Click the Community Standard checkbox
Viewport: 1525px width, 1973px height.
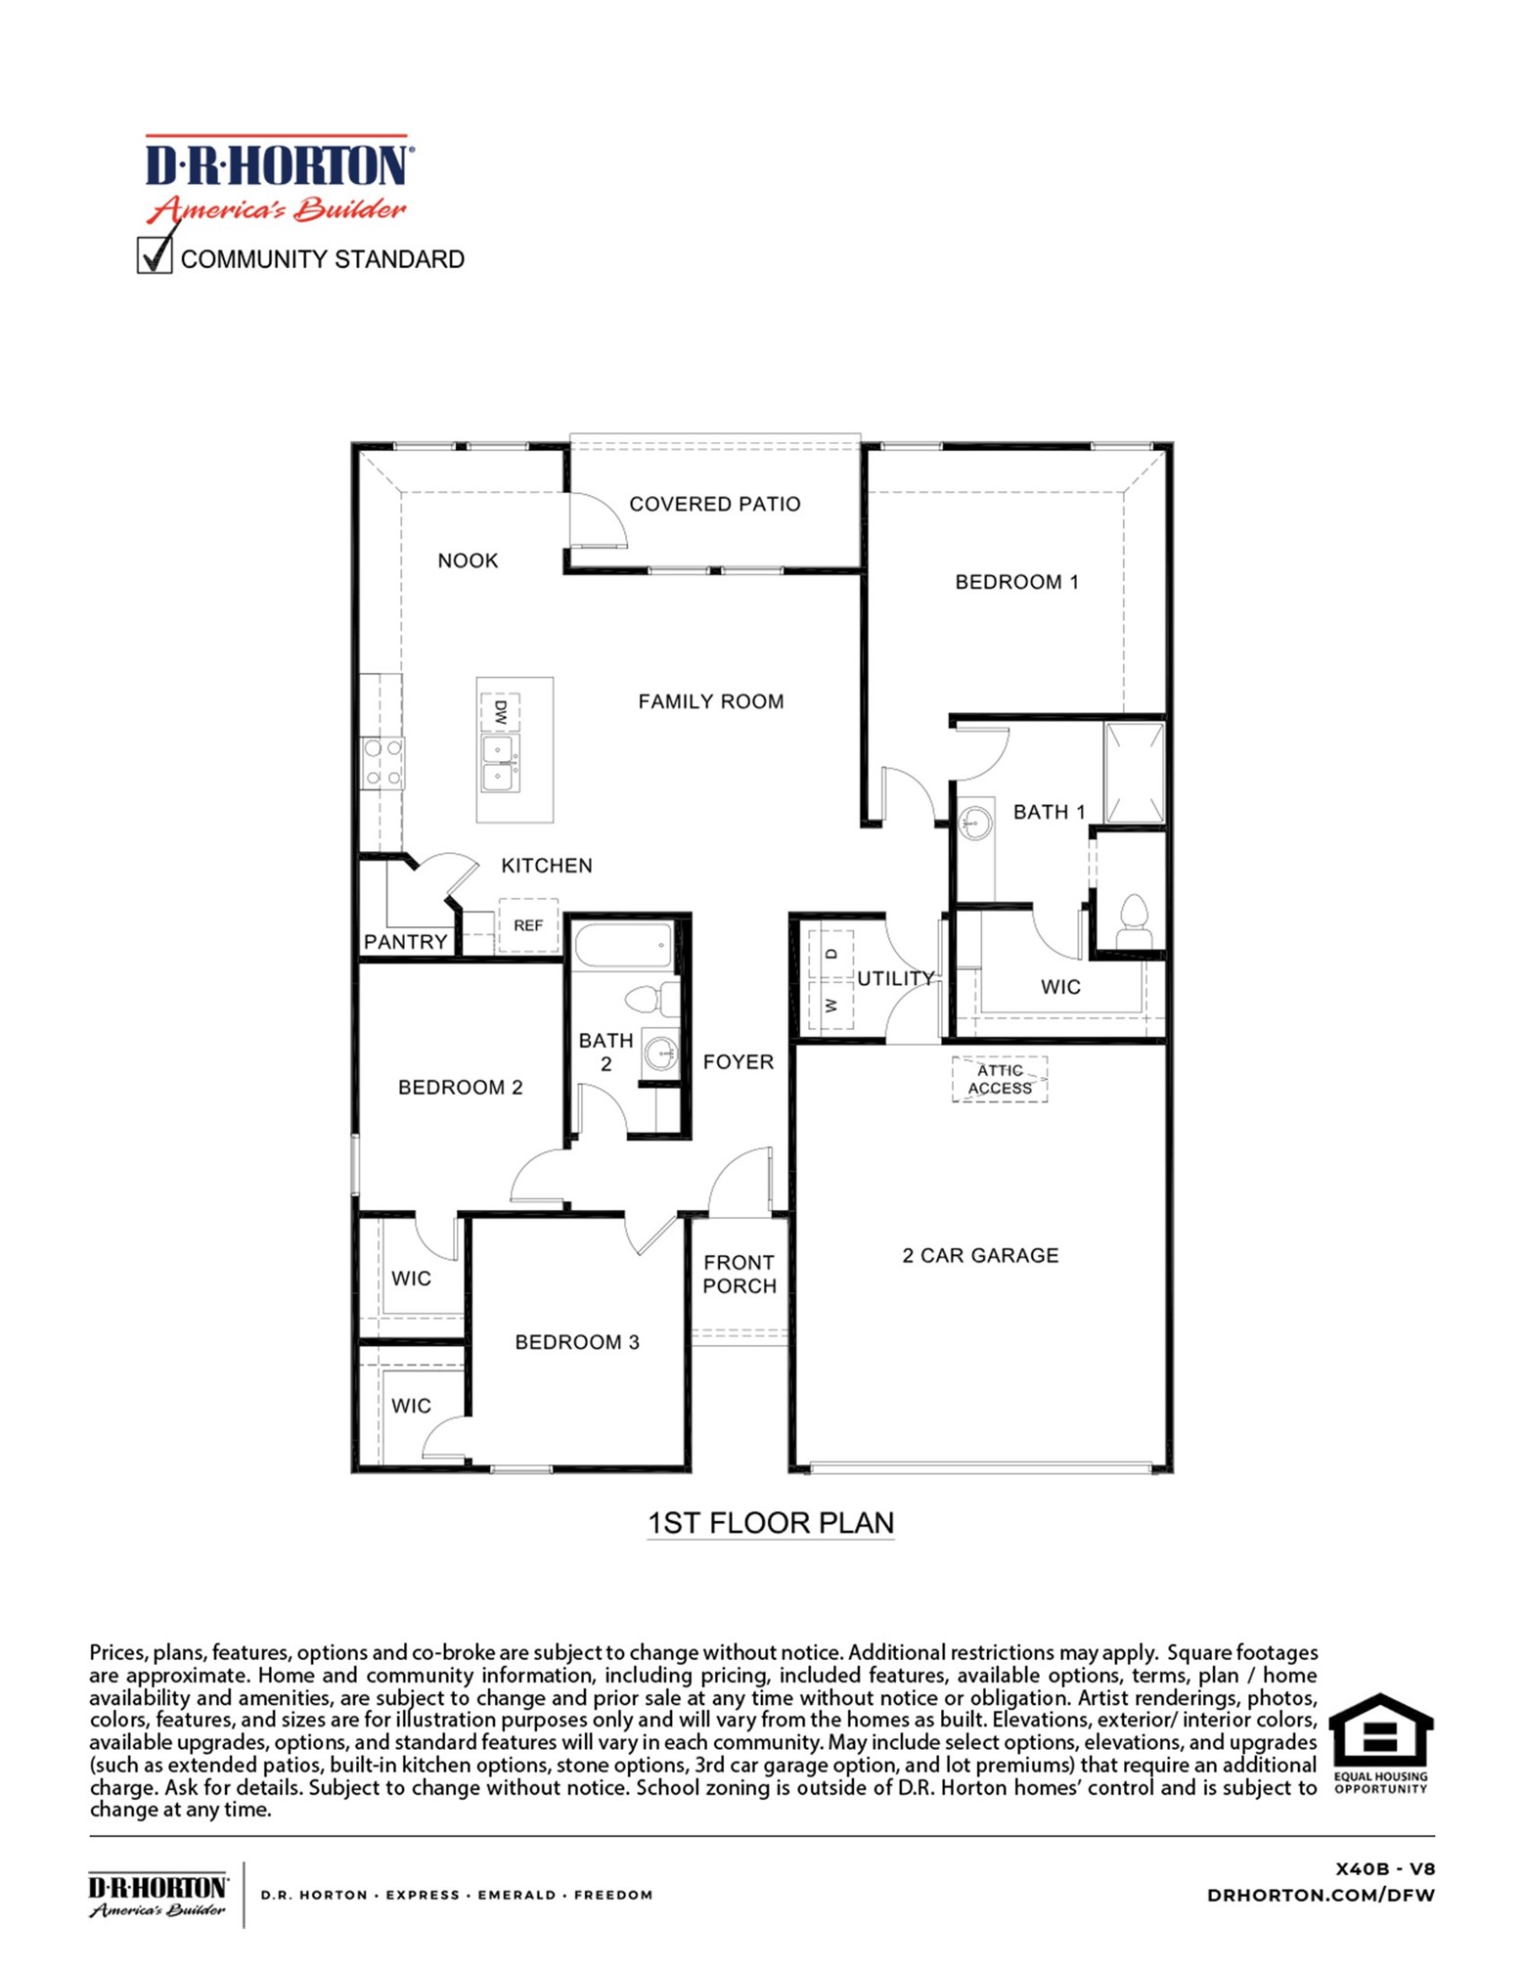pos(155,256)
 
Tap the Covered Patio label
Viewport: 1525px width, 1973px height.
pos(713,504)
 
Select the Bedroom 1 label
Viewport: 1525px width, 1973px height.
pos(1015,582)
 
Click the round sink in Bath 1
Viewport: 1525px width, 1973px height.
pos(973,822)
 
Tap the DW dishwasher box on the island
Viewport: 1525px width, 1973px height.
pos(500,711)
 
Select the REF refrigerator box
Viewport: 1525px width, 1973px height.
pos(527,924)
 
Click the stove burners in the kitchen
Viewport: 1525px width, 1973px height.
pos(382,763)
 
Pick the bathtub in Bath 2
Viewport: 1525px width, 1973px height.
pos(623,946)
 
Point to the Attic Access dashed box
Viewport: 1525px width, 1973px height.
pos(999,1079)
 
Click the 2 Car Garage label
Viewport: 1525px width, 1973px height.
pos(979,1255)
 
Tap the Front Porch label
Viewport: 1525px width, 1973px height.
pos(739,1274)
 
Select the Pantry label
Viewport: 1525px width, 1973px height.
pos(405,941)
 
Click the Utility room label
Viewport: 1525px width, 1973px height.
pos(894,978)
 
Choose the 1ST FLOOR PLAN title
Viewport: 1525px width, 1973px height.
pos(770,1523)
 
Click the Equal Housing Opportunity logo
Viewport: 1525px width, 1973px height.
pos(1380,1741)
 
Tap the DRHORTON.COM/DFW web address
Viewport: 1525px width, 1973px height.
pos(1320,1895)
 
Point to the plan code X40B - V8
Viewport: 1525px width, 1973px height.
pos(1384,1868)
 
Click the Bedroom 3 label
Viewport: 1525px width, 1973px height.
pos(576,1342)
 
